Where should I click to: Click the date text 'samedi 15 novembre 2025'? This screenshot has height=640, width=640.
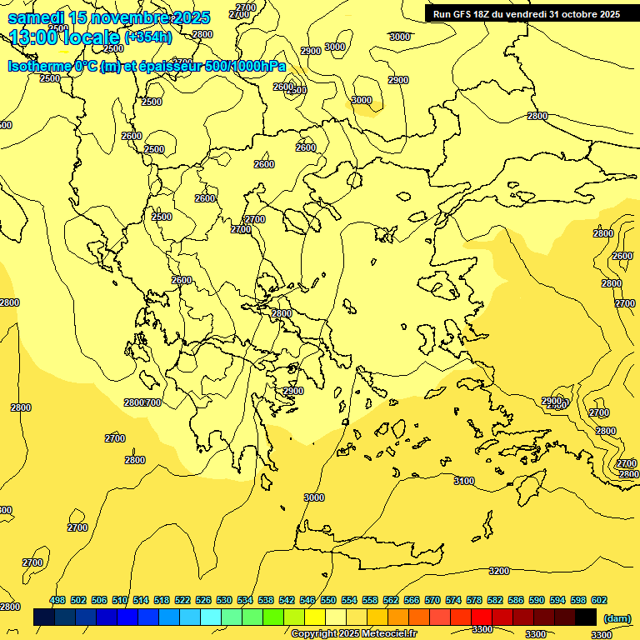108,17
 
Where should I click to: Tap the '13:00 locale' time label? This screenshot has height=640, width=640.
64,37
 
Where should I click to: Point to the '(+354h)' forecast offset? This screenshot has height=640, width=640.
148,37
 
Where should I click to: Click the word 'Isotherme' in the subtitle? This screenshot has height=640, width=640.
38,67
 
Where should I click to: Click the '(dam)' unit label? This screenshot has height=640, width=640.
617,617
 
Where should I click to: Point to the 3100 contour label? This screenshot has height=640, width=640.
463,481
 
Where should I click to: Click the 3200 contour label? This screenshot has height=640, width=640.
498,571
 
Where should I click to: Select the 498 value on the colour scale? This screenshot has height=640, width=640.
57,600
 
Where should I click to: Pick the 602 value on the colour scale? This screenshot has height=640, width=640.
598,600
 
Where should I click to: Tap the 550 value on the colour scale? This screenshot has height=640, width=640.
328,600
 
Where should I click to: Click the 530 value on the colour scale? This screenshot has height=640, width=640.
224,600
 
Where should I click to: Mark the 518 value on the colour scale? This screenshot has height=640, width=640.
162,600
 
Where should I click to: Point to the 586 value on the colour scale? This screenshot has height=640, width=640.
515,600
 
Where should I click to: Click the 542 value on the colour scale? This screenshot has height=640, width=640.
287,600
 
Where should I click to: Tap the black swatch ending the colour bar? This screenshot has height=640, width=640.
586,617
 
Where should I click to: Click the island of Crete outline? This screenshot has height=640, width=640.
367,546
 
